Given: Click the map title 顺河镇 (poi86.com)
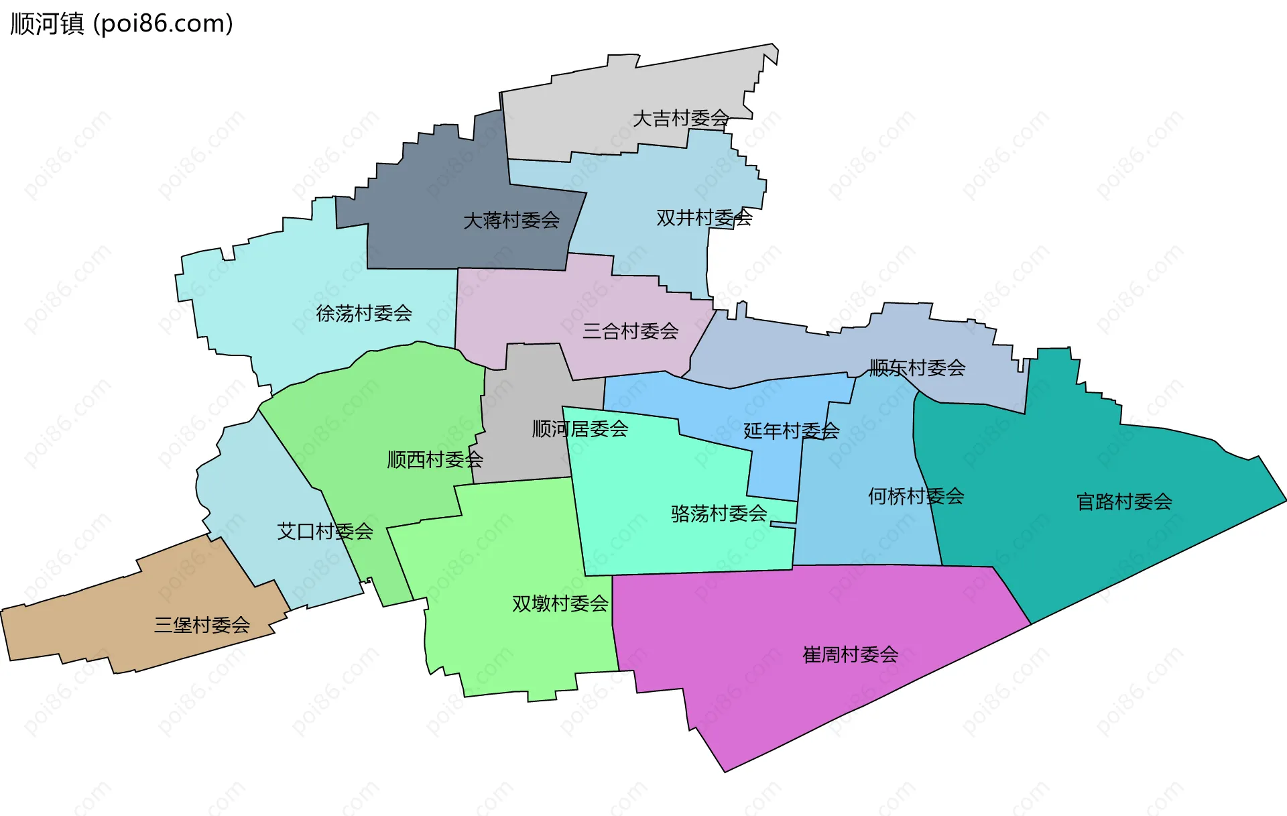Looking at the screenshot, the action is (x=121, y=23).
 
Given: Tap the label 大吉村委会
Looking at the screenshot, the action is (x=680, y=119).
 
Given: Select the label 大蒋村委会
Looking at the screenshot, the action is (x=511, y=220).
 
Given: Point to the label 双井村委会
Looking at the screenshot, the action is (x=704, y=218).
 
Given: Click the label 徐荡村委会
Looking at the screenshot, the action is (x=364, y=313).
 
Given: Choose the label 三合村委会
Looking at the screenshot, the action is (x=630, y=331).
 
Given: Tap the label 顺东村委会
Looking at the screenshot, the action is (x=917, y=367).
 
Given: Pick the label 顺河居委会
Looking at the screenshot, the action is (x=580, y=428).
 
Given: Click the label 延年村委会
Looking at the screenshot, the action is (x=791, y=430).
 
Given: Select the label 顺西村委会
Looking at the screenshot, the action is (x=435, y=459).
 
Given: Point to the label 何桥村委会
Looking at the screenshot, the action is (x=916, y=496).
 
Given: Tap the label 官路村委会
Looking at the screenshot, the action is (x=1124, y=502).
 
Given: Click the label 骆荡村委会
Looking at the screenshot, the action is (x=719, y=514).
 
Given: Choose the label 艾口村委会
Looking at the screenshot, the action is (x=325, y=532).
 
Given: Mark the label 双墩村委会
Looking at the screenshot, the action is (x=560, y=603).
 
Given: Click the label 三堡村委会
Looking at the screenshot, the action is (x=202, y=625).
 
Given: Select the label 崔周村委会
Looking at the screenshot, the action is (x=850, y=654).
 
